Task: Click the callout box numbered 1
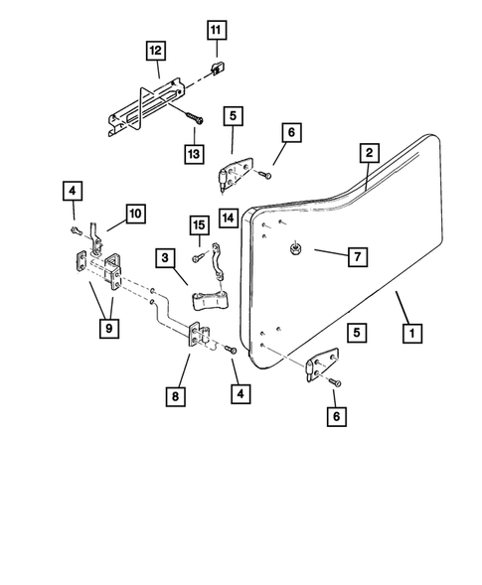pyautogui.click(x=407, y=335)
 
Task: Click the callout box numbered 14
pyautogui.click(x=229, y=217)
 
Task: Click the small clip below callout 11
pyautogui.click(x=215, y=69)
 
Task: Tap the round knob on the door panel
pyautogui.click(x=296, y=250)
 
